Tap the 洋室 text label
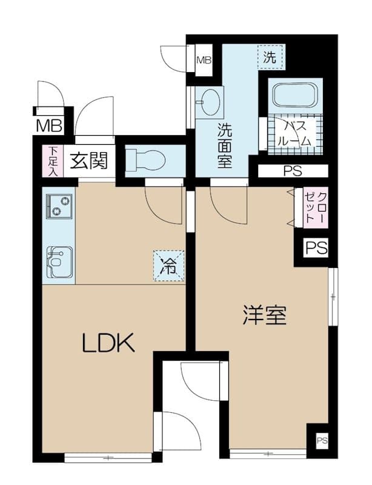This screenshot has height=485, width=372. click(x=265, y=315)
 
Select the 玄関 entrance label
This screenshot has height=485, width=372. click(x=90, y=161)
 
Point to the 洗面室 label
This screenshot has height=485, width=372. click(x=225, y=145)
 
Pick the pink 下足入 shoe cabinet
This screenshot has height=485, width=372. click(x=53, y=161)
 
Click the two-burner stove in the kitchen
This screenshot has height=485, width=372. click(x=58, y=207)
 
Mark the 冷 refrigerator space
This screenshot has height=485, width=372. click(x=170, y=266)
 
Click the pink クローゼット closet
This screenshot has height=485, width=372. click(x=315, y=207)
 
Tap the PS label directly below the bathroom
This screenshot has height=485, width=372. click(x=293, y=172)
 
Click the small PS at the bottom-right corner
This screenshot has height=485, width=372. click(x=322, y=440)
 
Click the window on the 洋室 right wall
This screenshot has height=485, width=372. click(x=332, y=296)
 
